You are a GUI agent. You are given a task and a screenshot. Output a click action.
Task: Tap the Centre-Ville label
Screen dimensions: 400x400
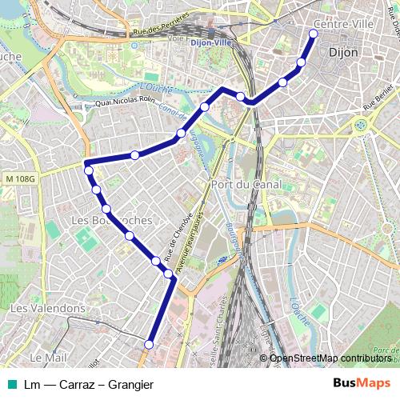(x=343, y=24)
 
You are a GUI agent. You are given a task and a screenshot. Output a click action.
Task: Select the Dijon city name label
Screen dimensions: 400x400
(x=343, y=51)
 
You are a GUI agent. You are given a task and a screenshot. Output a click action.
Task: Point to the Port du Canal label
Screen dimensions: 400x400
(x=240, y=184)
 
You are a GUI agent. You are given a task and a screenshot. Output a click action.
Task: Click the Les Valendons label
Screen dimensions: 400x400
(x=47, y=307)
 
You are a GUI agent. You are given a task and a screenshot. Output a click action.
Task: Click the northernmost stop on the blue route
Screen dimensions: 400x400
(x=312, y=33)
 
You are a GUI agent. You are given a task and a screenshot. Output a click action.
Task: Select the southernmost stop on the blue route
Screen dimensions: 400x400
(x=148, y=344)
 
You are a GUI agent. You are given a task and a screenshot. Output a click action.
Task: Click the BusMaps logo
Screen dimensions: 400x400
(x=361, y=384)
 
